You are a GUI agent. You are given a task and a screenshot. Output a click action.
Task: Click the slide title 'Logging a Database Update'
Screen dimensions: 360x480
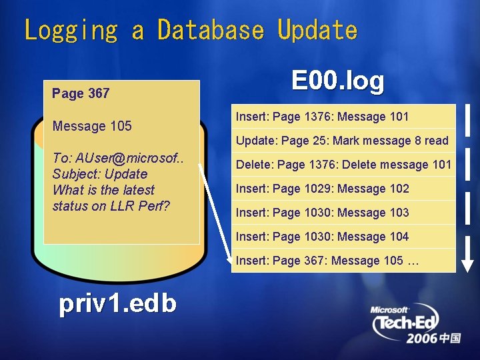191,30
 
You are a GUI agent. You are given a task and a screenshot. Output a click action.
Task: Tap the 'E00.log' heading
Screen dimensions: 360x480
338,81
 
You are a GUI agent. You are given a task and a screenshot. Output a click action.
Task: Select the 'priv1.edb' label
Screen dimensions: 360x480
117,303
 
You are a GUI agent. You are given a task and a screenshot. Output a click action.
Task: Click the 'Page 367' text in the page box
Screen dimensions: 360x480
81,93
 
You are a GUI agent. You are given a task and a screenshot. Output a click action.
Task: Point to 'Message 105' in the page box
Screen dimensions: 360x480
92,126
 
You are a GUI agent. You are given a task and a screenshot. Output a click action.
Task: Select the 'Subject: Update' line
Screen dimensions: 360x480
99,174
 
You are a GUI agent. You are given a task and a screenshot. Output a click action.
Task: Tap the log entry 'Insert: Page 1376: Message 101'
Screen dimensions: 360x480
323,117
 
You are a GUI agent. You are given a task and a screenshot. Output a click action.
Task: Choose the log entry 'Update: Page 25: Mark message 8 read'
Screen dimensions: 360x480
342,141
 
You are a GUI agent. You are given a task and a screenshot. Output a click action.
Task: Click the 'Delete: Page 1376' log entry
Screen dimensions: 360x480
343,165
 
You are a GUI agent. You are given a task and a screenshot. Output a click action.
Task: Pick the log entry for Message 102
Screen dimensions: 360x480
323,189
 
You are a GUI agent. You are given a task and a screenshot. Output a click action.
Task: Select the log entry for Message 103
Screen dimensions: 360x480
323,213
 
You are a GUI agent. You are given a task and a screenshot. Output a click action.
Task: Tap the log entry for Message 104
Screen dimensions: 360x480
323,237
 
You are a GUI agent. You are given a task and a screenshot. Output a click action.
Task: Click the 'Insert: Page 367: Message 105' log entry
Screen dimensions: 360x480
327,261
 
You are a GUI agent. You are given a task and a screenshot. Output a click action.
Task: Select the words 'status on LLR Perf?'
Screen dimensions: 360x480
111,206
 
